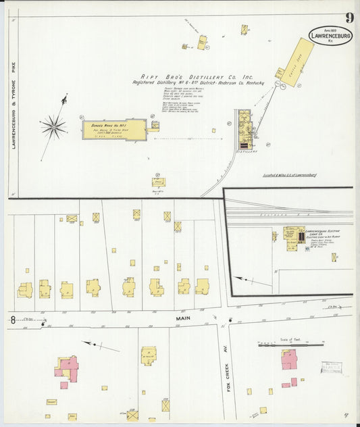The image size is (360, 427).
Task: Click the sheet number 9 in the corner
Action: click(x=347, y=18)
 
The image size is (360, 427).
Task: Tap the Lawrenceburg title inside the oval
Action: click(x=330, y=36)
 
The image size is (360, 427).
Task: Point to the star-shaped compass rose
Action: click(x=53, y=126)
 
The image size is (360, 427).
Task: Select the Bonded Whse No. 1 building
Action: click(x=114, y=129)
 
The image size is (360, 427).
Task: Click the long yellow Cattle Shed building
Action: click(x=297, y=63)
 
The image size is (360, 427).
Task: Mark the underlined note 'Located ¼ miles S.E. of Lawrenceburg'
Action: click(x=290, y=175)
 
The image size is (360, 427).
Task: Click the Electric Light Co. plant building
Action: click(x=294, y=238)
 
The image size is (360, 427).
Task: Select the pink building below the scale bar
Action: click(x=289, y=359)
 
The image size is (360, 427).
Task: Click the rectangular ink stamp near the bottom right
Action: click(x=331, y=367)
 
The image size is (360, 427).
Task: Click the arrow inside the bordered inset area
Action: click(x=242, y=278)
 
